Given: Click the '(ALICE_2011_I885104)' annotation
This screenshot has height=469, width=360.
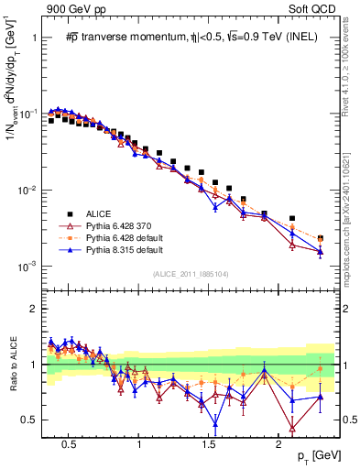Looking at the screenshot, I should click(x=190, y=275).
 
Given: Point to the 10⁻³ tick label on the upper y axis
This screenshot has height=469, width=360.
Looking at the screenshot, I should click(x=29, y=267).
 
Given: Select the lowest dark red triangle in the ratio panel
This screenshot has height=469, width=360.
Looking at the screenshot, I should click(x=292, y=428).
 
